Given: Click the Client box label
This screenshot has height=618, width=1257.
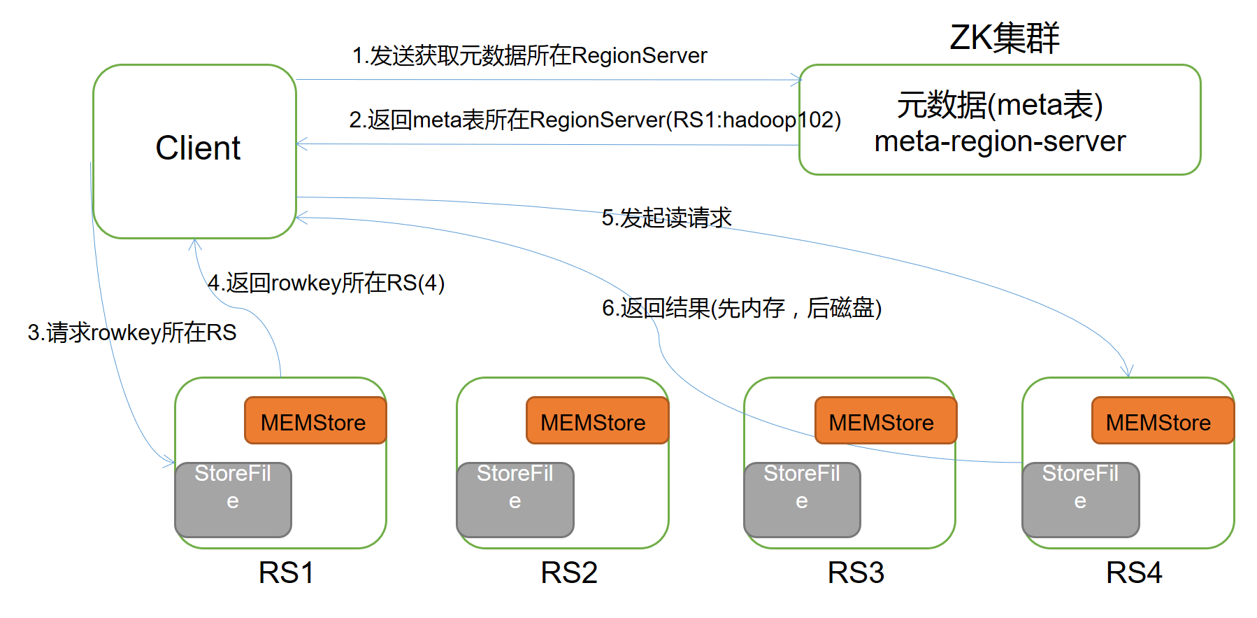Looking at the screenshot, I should pyautogui.click(x=198, y=148).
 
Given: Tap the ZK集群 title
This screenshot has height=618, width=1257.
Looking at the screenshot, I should pyautogui.click(x=1004, y=38).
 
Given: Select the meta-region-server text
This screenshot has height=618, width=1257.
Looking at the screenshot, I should pyautogui.click(x=1000, y=142).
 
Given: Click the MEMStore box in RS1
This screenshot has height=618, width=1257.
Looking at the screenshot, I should pyautogui.click(x=315, y=421).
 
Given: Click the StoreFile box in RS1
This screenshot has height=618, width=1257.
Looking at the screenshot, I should pyautogui.click(x=233, y=499).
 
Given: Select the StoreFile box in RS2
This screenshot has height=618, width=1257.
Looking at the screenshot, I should pyautogui.click(x=515, y=499).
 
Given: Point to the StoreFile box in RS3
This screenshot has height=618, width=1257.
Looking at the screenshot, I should pyautogui.click(x=802, y=499).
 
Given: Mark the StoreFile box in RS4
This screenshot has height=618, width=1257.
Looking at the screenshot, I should pyautogui.click(x=1080, y=499).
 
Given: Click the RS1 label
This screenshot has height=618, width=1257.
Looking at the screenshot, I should pyautogui.click(x=286, y=573).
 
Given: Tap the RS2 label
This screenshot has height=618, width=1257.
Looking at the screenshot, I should pyautogui.click(x=569, y=573).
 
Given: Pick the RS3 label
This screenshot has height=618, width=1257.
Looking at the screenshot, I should pyautogui.click(x=856, y=573).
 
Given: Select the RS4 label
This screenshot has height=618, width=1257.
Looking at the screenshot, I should pyautogui.click(x=1133, y=573).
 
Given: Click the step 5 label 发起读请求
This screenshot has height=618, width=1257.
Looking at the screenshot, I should pyautogui.click(x=666, y=218).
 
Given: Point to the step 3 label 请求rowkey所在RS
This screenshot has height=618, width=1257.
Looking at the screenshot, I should pyautogui.click(x=132, y=332).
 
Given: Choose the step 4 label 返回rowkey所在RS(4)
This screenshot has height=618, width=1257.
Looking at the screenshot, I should pyautogui.click(x=326, y=283).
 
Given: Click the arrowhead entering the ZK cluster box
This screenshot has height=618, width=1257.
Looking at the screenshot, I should pyautogui.click(x=796, y=80).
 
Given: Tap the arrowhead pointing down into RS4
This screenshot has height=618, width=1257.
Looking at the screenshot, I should pyautogui.click(x=1126, y=372).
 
